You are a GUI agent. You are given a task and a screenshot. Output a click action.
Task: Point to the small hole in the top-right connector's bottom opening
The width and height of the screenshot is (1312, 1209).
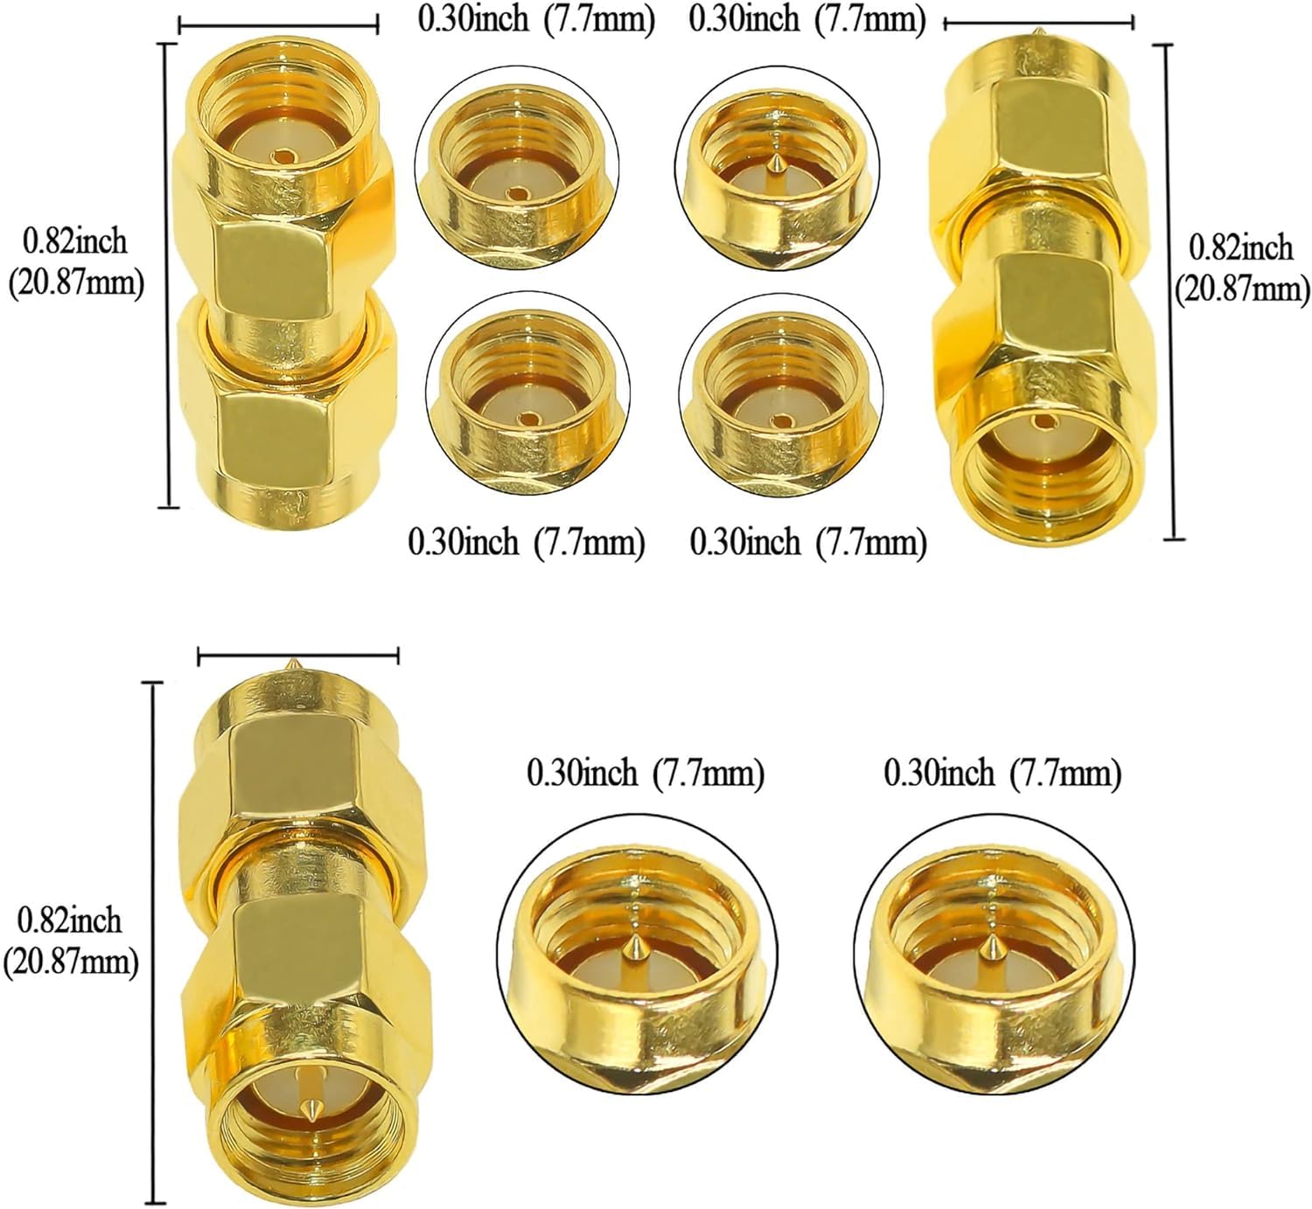pos(1043,420)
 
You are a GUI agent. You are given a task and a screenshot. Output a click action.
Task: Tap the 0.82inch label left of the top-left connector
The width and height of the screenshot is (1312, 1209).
pos(74,241)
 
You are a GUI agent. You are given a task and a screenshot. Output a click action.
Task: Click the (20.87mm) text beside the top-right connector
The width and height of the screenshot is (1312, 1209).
pos(1242,288)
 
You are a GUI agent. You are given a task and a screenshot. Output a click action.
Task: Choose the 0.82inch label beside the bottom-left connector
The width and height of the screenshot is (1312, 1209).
pos(69,921)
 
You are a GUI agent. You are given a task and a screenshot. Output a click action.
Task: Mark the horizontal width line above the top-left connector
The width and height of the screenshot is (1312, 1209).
pos(278,26)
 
